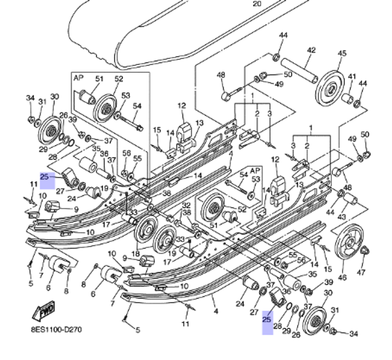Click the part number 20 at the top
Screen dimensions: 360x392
coord(256,4)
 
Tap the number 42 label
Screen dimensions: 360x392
coord(311,50)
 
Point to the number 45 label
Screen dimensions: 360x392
coord(342,53)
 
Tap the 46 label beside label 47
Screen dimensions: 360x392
coord(342,278)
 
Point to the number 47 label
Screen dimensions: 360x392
coord(361,272)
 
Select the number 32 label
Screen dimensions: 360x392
coord(186,205)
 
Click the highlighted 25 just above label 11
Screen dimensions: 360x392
coord(45,177)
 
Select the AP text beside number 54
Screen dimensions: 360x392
coord(255,171)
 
